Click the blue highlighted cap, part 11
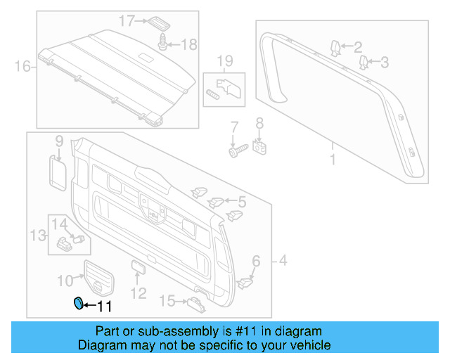[x=79, y=304]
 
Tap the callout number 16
[x=23, y=67]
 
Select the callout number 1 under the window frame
[x=333, y=160]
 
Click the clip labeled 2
[x=335, y=47]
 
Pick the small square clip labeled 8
[x=260, y=147]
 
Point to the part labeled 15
[x=195, y=302]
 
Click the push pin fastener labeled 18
[x=164, y=43]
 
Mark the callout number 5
[x=241, y=202]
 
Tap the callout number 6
[x=255, y=262]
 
